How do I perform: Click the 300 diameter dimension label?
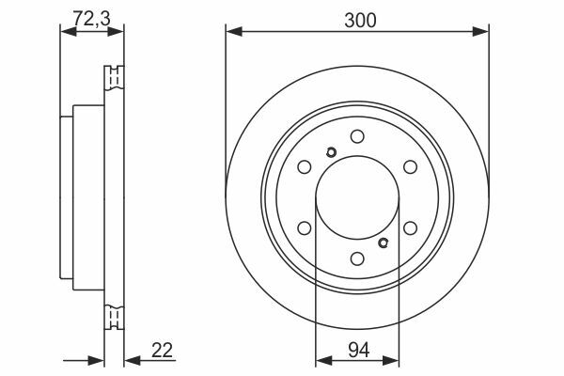click(360, 20)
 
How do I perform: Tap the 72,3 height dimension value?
click(92, 19)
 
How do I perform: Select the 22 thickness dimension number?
click(163, 351)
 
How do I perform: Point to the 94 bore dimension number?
click(359, 350)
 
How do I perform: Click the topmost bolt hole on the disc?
click(357, 136)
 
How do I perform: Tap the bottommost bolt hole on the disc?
click(357, 258)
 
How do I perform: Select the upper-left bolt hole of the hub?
click(305, 166)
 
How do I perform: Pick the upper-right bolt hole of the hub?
click(410, 166)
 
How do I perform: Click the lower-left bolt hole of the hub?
click(305, 227)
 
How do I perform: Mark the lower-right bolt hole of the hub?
click(410, 227)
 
